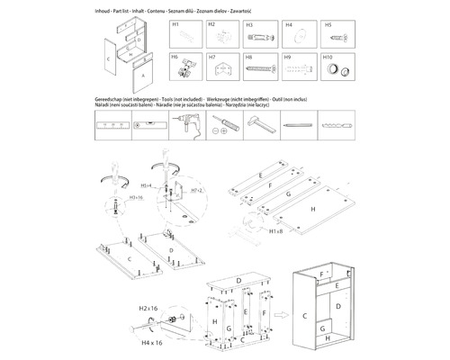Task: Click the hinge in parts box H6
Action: point(187,67)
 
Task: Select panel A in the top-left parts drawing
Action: point(140,76)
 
